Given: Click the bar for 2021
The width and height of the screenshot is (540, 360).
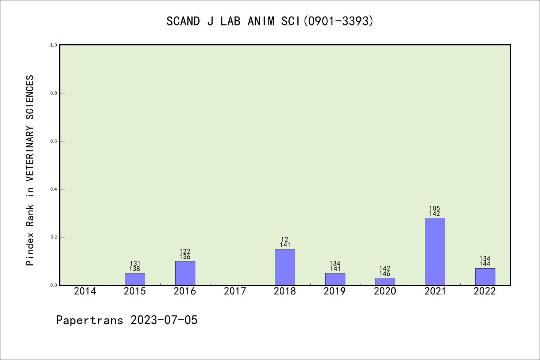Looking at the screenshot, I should (435, 252).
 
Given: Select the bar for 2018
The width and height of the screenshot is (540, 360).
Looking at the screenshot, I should (285, 267).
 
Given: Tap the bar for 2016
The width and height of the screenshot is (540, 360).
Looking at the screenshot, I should (185, 273).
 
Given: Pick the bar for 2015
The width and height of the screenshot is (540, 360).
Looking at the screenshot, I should (135, 279).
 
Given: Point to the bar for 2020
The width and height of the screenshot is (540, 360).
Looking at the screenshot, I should (385, 281).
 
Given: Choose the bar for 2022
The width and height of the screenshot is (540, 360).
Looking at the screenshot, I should (485, 276).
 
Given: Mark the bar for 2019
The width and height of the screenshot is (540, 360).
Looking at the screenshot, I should (335, 279).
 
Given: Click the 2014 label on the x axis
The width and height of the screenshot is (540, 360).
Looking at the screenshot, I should (85, 291).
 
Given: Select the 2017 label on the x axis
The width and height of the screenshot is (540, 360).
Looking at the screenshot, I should (235, 291).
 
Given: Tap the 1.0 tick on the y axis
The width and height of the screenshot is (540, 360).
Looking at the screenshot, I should (54, 45).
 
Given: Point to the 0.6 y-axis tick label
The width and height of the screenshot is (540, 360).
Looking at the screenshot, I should (54, 141).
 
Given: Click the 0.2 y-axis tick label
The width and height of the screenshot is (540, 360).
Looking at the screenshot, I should (54, 237).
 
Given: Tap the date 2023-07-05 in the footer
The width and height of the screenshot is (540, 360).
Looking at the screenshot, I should (164, 320).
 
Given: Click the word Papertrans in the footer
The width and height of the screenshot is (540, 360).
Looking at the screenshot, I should (90, 320).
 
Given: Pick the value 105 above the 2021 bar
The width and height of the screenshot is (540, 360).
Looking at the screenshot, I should (435, 208).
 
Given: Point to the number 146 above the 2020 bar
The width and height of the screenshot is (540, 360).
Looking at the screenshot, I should (385, 274).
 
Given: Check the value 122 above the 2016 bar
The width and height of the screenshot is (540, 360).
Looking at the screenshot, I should (185, 252).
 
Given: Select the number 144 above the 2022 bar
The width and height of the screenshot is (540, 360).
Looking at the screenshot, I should (485, 264).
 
